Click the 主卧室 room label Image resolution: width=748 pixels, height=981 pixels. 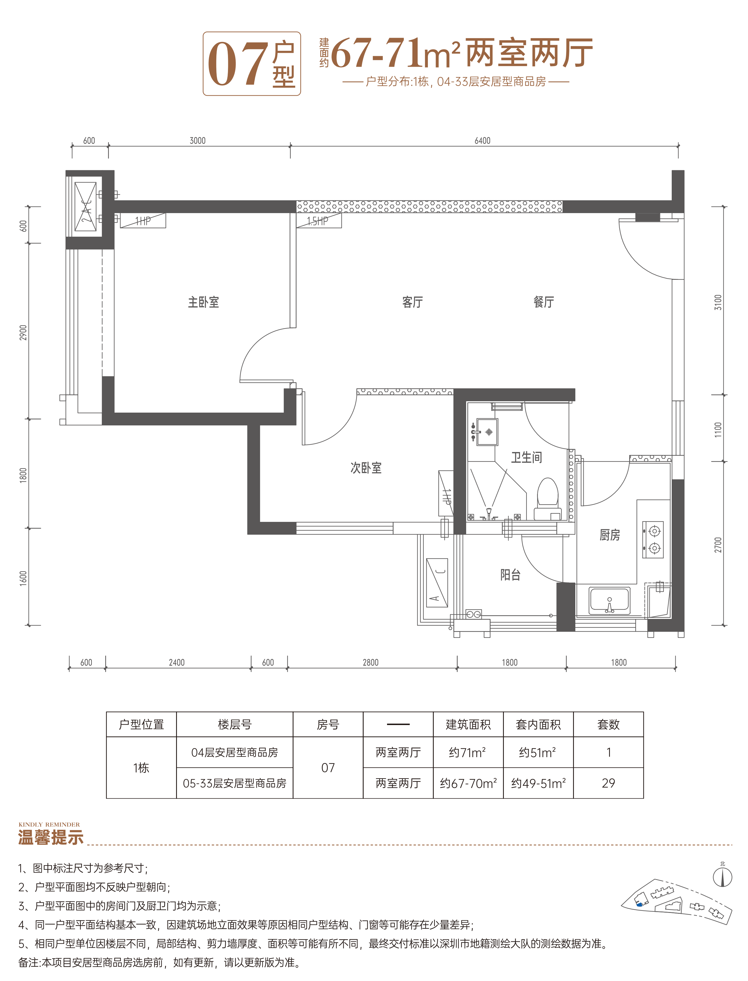(x=204, y=303)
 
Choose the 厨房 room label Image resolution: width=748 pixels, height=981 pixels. (x=610, y=535)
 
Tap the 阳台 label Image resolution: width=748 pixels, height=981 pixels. (x=510, y=575)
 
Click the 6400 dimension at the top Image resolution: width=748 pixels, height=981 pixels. (x=482, y=141)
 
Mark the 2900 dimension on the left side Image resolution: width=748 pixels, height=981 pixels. (x=23, y=333)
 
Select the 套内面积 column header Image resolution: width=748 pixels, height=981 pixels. (x=538, y=725)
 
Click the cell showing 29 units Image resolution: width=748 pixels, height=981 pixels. (x=608, y=783)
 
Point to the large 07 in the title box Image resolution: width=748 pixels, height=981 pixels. (x=238, y=64)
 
